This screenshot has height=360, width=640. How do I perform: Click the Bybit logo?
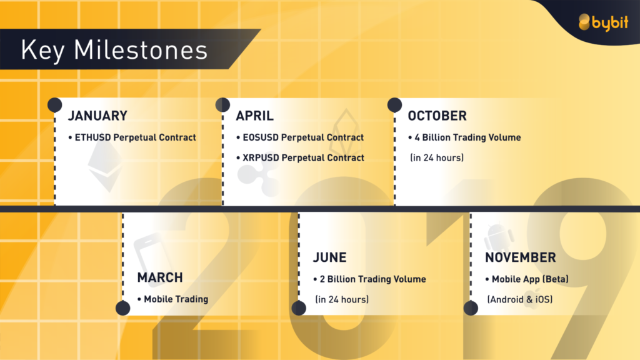tap(603, 22)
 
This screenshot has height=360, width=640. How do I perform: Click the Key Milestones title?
tap(114, 50)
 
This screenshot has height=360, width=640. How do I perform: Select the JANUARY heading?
tap(97, 116)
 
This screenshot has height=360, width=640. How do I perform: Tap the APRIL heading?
tap(255, 116)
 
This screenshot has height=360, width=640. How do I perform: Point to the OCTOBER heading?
tap(437, 116)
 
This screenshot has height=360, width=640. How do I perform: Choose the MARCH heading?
tap(160, 277)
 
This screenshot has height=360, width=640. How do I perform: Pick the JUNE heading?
tap(330, 257)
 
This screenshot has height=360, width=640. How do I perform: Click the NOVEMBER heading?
tap(521, 257)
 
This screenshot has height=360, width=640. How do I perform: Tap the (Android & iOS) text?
tap(520, 299)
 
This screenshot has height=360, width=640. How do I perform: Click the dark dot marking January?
tap(55, 105)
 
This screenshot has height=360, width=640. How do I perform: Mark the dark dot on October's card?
tap(395, 105)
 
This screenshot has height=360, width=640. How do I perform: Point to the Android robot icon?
tap(499, 238)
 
